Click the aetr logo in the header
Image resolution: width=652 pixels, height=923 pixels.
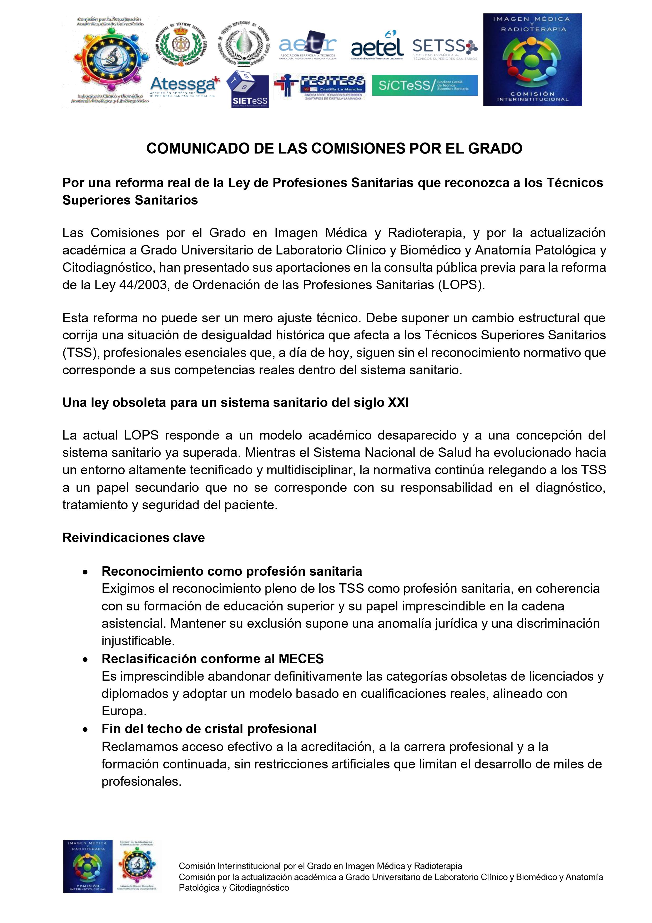308,45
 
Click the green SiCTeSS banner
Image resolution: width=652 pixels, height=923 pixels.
424,85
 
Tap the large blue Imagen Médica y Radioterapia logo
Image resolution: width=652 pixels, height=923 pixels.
533,59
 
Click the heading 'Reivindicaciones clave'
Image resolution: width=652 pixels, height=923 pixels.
134,538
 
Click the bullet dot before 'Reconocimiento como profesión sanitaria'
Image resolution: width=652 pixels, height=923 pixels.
85,572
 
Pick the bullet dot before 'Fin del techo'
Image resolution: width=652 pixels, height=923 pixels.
85,730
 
